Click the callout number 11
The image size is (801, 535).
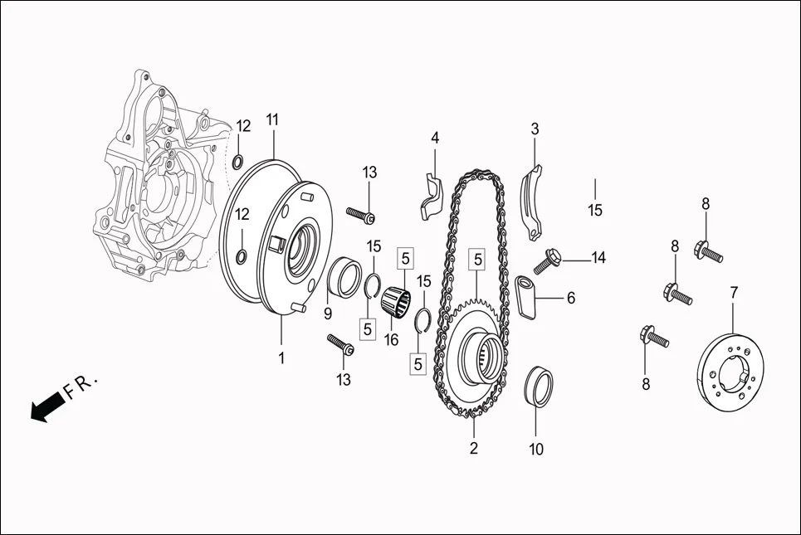(x=272, y=119)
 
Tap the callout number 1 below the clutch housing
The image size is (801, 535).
(x=281, y=358)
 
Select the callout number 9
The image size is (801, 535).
(x=328, y=314)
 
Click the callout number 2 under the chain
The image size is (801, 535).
(x=474, y=450)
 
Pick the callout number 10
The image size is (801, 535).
(x=536, y=450)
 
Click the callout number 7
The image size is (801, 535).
(x=734, y=292)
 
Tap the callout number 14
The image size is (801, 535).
(x=598, y=258)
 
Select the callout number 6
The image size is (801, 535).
(x=571, y=296)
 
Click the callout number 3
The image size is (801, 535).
(x=535, y=129)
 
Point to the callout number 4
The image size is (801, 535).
(x=434, y=138)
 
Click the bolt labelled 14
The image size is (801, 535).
(x=549, y=260)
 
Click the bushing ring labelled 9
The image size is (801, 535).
(x=346, y=277)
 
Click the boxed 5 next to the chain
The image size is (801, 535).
(x=478, y=259)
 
